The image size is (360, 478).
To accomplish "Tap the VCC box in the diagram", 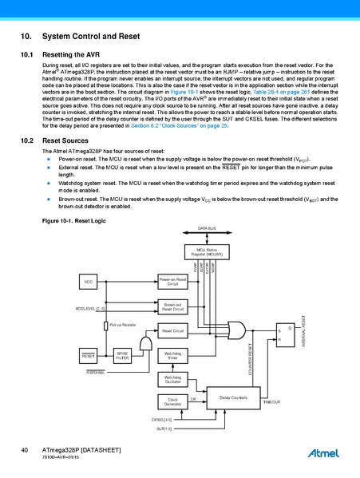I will click(89, 282).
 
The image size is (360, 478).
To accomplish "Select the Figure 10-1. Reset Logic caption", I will click(73, 219).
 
